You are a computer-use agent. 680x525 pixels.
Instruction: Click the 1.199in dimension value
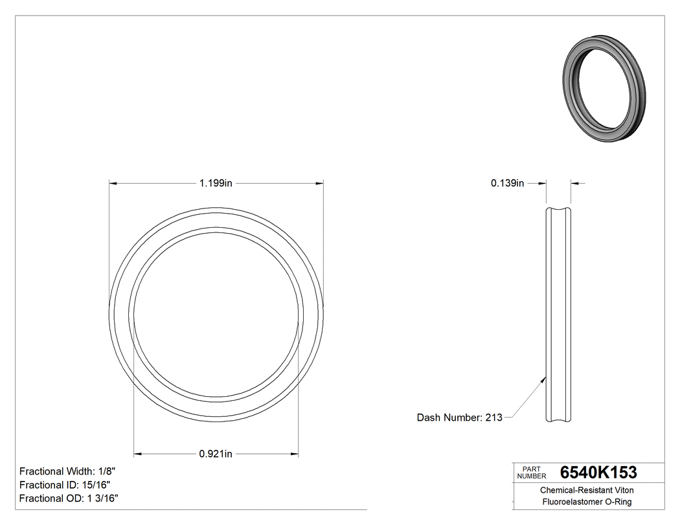click(216, 183)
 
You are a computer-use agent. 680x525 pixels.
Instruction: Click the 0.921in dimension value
click(216, 454)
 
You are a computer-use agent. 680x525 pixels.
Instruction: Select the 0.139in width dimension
click(507, 183)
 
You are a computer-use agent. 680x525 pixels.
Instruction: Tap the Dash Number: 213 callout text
click(459, 418)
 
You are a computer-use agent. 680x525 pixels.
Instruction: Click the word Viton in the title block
click(622, 490)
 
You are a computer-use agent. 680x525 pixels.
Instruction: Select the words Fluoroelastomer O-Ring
click(587, 502)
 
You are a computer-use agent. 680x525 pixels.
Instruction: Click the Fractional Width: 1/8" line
click(68, 471)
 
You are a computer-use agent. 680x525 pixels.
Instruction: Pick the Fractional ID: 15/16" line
click(65, 485)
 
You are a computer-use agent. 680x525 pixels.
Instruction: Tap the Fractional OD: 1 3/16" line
click(69, 498)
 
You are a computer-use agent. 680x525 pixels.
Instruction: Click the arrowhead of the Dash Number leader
click(543, 380)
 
